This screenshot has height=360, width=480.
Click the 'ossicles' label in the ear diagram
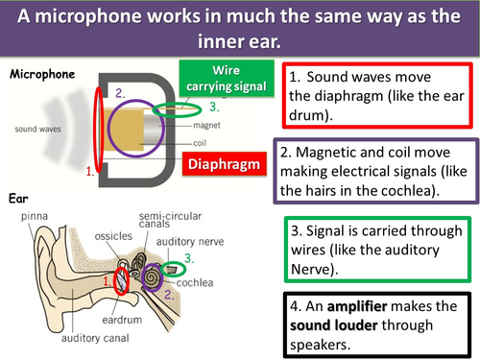(89, 233)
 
